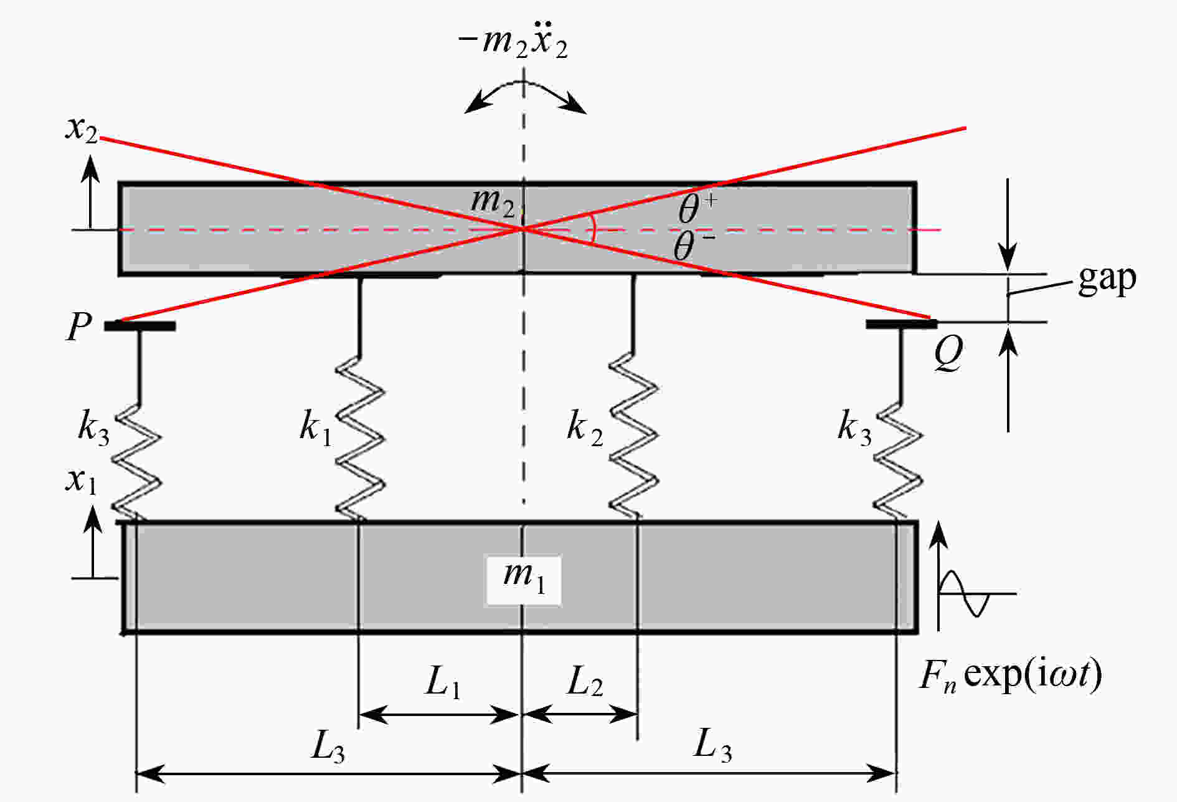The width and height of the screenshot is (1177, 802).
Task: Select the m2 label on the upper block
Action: tap(493, 203)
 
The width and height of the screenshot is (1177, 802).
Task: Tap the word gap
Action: tap(1107, 278)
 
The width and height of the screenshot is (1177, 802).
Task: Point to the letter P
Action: tap(78, 326)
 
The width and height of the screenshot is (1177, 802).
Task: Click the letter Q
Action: tap(948, 353)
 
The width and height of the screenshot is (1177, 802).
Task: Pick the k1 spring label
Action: tap(316, 429)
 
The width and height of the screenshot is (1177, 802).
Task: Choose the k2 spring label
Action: tap(584, 429)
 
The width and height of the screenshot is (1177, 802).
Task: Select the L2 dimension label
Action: tap(584, 682)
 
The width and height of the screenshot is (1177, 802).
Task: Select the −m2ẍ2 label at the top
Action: tap(513, 44)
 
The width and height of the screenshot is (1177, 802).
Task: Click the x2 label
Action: tap(82, 129)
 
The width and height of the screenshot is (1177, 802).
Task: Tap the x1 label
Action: tap(82, 480)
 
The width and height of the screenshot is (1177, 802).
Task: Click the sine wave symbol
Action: tap(965, 593)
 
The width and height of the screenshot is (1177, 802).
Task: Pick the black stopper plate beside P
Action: tap(139, 325)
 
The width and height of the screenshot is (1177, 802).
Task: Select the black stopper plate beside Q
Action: tap(901, 324)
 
